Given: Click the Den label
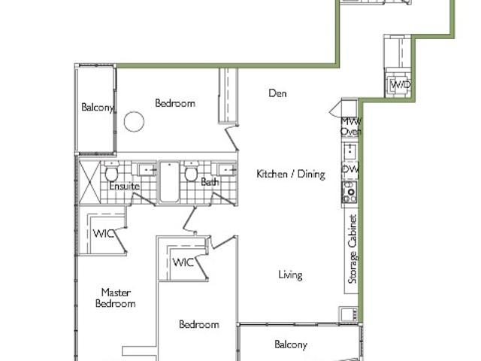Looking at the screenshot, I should tap(278, 93).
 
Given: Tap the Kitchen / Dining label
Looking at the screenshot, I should tap(290, 174).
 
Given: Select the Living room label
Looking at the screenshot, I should tap(290, 275).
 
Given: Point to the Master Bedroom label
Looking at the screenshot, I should tap(119, 298).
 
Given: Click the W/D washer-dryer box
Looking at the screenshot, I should tap(400, 85).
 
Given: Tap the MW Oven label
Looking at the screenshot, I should tap(350, 126).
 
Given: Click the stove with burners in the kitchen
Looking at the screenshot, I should tap(349, 193).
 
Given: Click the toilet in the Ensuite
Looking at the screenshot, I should tap(111, 174).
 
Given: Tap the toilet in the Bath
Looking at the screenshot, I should tap(191, 174).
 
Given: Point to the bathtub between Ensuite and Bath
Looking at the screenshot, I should tap(170, 182).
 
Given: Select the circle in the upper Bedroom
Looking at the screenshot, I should tap(133, 121).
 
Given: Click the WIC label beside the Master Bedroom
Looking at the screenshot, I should tap(104, 233).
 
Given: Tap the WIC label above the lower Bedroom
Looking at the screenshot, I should tap(183, 262).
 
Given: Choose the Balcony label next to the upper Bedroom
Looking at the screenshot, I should tap(97, 108).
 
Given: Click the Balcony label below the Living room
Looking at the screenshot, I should tap(290, 344).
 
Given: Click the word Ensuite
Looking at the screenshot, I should tap(124, 186).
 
